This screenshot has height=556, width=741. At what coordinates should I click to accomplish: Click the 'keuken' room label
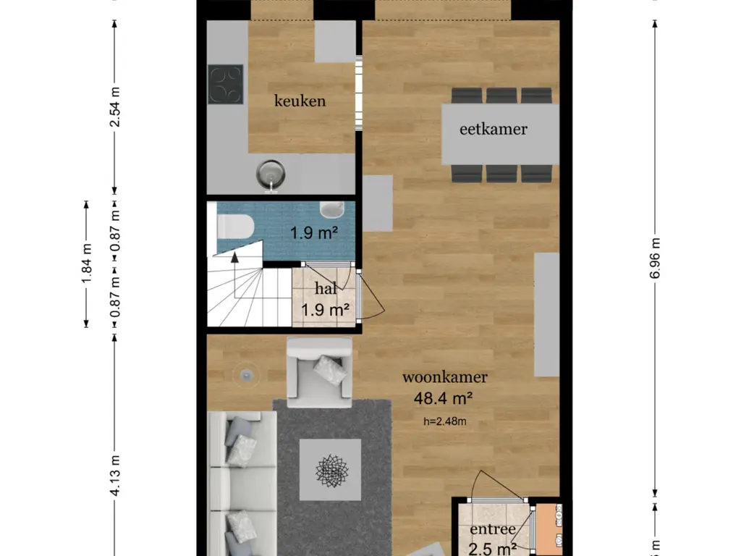300,101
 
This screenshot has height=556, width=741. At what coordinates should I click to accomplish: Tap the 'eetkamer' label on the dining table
494,130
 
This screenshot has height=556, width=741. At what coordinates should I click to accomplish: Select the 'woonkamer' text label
444,377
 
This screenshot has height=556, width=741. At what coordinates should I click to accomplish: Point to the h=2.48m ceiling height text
444,419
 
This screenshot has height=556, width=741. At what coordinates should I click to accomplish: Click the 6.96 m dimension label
655,258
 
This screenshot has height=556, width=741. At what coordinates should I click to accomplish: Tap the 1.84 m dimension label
86,264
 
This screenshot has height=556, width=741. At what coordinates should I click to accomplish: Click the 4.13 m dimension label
114,475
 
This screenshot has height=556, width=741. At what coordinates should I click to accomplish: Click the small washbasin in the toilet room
332,209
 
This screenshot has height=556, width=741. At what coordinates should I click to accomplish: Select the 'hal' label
325,289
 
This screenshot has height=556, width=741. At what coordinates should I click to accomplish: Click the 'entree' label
492,530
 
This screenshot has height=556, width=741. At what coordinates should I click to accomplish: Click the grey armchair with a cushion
319,371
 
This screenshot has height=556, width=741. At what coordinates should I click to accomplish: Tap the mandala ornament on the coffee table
332,471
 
